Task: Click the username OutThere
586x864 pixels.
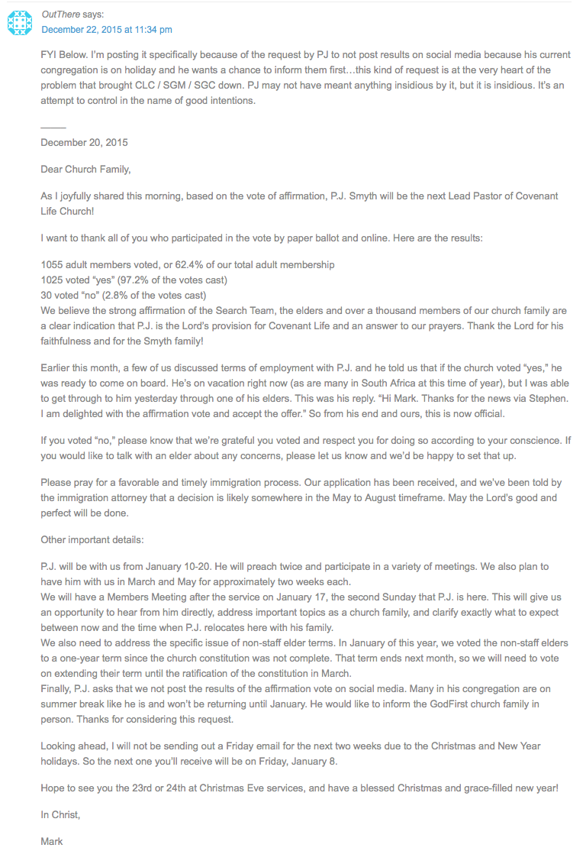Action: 62,15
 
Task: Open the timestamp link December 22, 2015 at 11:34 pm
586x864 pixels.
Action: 106,30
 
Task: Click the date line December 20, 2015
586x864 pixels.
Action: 84,143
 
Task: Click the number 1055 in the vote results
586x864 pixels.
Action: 53,264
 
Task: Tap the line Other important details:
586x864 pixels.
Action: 92,540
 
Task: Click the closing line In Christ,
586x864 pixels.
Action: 60,815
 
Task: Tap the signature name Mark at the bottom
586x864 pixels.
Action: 52,841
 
